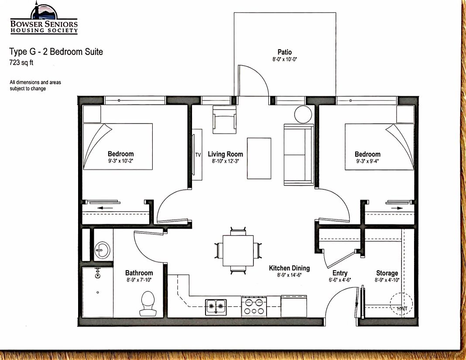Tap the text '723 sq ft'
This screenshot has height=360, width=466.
tap(21, 62)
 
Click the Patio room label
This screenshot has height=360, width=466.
tap(285, 52)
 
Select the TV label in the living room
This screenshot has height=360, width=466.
tap(198, 154)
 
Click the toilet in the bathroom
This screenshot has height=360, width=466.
tap(147, 303)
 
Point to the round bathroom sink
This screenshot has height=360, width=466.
tap(102, 249)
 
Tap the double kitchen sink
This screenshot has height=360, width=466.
tap(216, 307)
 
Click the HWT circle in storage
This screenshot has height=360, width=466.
tap(401, 304)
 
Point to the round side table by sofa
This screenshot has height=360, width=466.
tap(303, 114)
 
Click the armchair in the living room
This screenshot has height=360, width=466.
tap(225, 120)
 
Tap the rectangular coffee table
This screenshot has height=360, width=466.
tap(259, 158)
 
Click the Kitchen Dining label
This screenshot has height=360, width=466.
tap(289, 268)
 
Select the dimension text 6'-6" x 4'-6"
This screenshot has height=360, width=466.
tap(340, 280)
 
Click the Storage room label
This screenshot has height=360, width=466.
tap(387, 273)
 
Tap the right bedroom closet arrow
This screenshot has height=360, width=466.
tap(397, 208)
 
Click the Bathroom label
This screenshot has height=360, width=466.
tap(139, 273)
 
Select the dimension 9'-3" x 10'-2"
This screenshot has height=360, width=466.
tap(121, 161)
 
